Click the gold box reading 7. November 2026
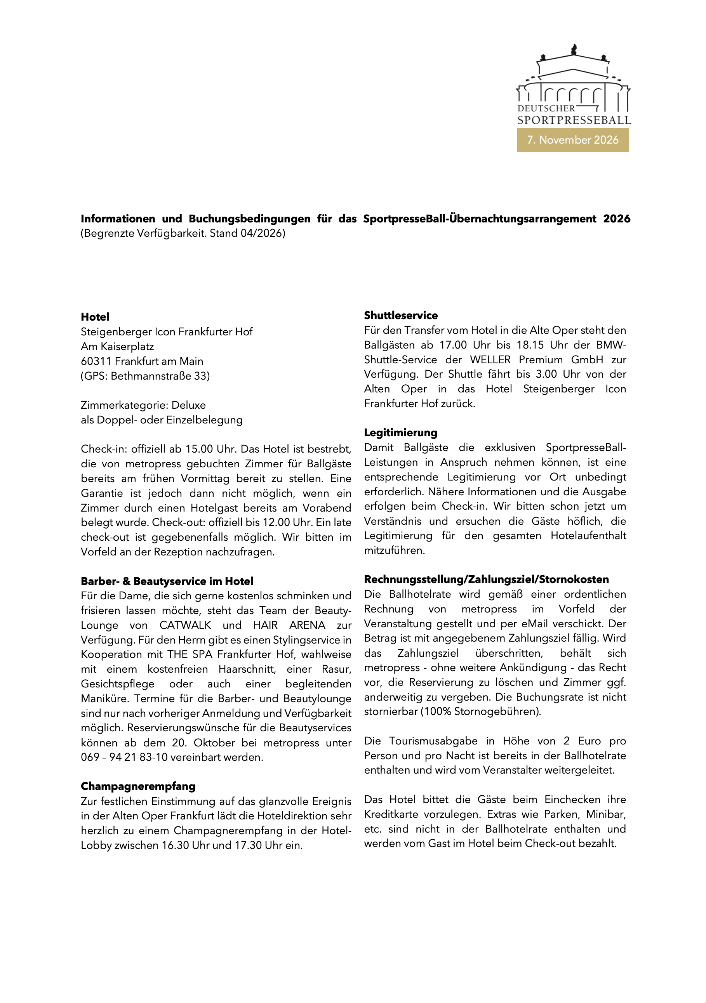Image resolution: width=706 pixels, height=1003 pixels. pos(572,140)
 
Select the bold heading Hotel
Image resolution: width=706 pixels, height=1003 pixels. pos(95,317)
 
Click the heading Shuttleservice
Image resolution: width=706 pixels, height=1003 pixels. pos(400,316)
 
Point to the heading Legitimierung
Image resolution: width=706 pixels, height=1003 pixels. pos(400,432)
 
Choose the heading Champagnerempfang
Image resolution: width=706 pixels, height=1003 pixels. pos(138,786)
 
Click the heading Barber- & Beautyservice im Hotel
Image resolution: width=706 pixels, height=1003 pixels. pos(167,581)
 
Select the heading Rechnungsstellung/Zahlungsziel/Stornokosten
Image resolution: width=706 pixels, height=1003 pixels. pos(486,579)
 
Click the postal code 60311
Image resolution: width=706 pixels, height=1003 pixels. pos(96,361)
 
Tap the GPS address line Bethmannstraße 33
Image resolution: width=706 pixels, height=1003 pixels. pos(160,376)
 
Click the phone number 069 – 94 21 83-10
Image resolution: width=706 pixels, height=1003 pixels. pos(124,757)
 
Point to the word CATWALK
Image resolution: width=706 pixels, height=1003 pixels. pos(185,625)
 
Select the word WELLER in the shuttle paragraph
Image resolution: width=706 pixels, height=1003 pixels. pos(490,359)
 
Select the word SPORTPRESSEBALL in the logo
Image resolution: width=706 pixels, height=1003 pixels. pos(574,120)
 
